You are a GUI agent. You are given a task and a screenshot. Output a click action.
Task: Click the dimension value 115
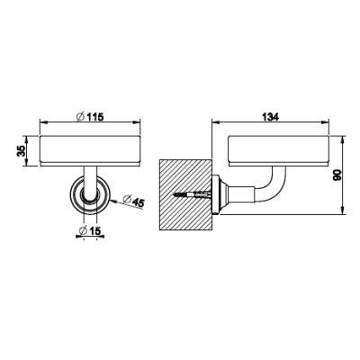pos(95,117)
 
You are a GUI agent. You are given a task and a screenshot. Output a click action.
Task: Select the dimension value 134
pos(271,116)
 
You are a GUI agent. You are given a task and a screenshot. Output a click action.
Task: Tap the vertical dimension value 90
pos(337,175)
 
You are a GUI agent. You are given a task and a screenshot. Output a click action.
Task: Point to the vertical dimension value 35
pos(22,150)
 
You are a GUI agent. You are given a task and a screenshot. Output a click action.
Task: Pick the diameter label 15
pos(94,231)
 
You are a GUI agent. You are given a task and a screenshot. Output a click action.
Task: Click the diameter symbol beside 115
pos(80,117)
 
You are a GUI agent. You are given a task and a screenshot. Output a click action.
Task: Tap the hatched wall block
pos(185,194)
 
